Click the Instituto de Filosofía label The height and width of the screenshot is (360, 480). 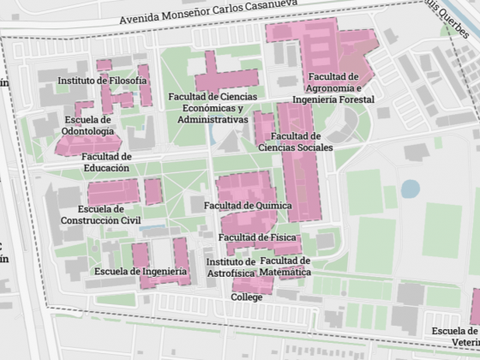[102, 81]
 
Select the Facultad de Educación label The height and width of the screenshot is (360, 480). [106, 162]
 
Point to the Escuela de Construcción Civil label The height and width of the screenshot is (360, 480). [100, 214]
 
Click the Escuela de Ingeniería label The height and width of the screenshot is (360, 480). [141, 272]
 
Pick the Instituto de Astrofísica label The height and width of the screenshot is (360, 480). [231, 267]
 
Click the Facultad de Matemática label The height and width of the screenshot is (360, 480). [285, 266]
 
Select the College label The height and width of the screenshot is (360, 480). [246, 297]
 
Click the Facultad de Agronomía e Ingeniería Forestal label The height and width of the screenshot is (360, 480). [333, 87]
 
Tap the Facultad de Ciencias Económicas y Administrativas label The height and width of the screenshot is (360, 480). [207, 108]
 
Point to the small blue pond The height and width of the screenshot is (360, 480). [411, 188]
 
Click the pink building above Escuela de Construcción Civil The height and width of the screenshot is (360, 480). [112, 191]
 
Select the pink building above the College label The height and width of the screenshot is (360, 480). [251, 284]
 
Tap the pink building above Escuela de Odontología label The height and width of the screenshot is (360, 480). [83, 106]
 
